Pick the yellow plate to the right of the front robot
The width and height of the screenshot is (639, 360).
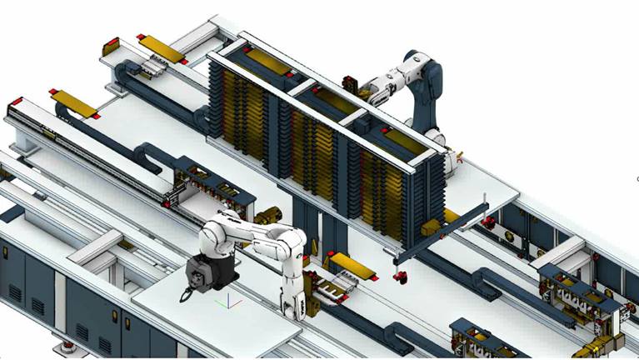(342, 266)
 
